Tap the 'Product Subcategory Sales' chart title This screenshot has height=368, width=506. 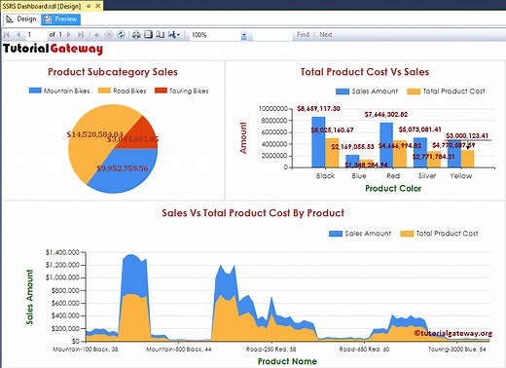click(113, 71)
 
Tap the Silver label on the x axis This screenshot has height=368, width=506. click(424, 176)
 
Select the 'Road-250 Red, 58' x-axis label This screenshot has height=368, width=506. click(266, 347)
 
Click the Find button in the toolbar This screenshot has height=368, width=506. click(303, 34)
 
